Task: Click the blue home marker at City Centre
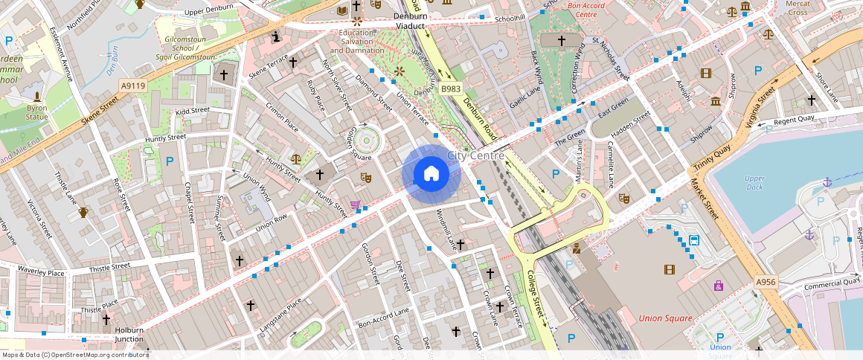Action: (x=431, y=174)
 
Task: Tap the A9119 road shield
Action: (x=133, y=86)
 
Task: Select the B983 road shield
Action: (x=451, y=89)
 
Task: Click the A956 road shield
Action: (x=766, y=283)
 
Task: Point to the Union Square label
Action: (x=665, y=318)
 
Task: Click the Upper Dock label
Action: (x=754, y=183)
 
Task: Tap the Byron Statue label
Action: (x=36, y=112)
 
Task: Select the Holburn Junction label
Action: (x=129, y=335)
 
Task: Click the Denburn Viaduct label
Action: (x=411, y=21)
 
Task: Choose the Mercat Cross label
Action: (x=798, y=8)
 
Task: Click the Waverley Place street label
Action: (x=41, y=272)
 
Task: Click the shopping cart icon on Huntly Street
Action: (x=355, y=205)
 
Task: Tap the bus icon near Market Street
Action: (x=694, y=240)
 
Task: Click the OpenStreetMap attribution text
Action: (x=74, y=355)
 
